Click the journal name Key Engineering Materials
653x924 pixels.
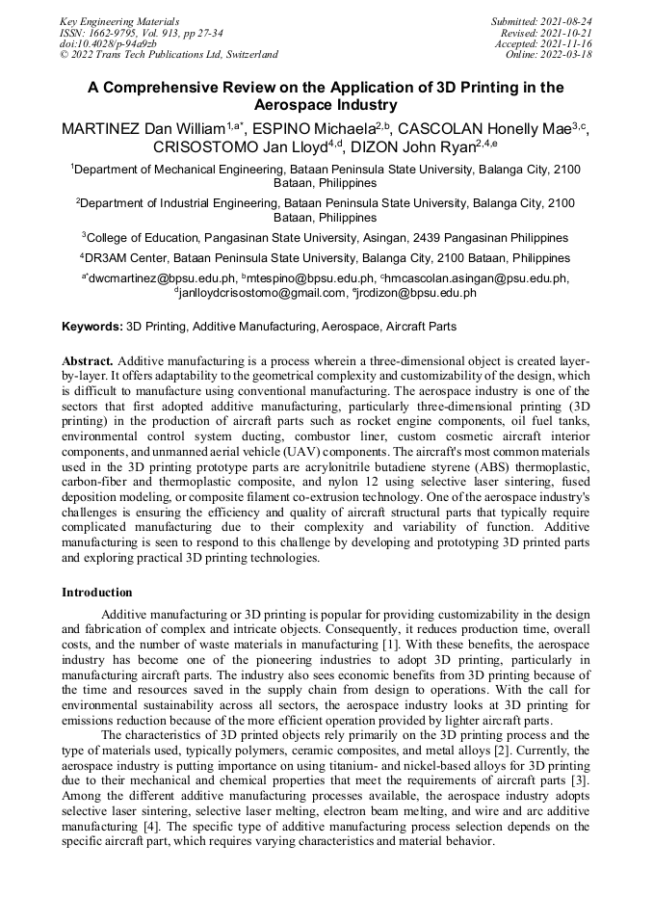tap(119, 20)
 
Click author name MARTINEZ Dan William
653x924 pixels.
tap(144, 128)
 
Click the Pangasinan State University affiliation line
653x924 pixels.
tap(326, 237)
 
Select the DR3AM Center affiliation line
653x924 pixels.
tap(326, 258)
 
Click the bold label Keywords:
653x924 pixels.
tap(92, 328)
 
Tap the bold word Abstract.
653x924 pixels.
tap(88, 359)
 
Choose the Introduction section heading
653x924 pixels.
tap(97, 592)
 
